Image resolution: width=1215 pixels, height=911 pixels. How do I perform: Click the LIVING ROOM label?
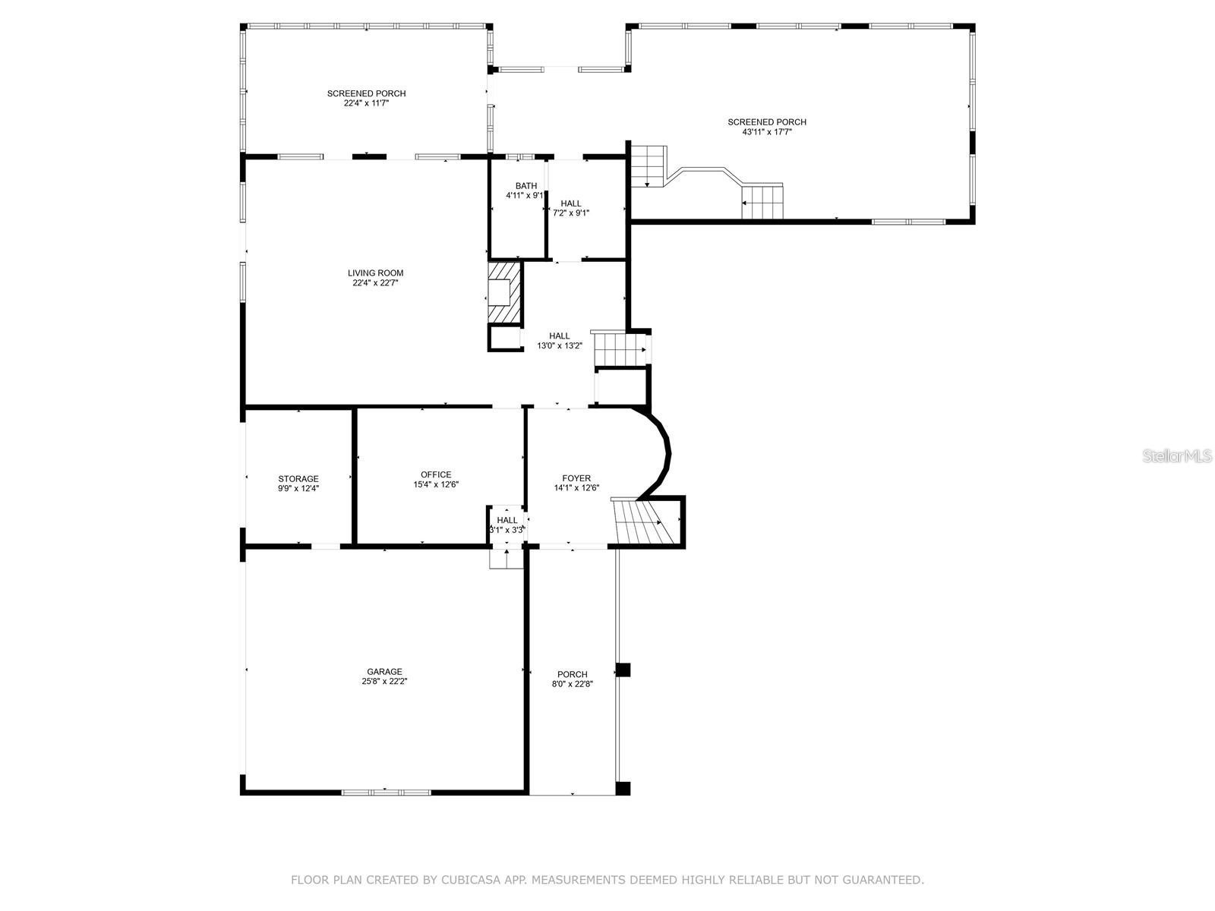375,273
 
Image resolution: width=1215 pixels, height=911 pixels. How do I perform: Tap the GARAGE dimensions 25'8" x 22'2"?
384,682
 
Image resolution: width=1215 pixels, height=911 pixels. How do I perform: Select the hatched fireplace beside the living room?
505,293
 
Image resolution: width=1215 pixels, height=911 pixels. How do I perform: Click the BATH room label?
525,186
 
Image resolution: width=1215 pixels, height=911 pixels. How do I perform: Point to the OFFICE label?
436,474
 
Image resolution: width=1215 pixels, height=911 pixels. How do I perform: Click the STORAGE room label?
298,479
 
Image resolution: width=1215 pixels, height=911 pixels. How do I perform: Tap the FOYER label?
576,478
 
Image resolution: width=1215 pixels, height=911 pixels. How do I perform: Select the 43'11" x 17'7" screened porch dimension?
767,132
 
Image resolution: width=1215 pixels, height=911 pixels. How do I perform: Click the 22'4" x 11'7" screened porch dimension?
366,103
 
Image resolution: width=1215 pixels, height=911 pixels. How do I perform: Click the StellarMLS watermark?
1177,455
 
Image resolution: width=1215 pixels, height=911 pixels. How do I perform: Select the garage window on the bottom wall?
385,792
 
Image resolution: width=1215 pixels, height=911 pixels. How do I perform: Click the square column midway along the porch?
623,670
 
